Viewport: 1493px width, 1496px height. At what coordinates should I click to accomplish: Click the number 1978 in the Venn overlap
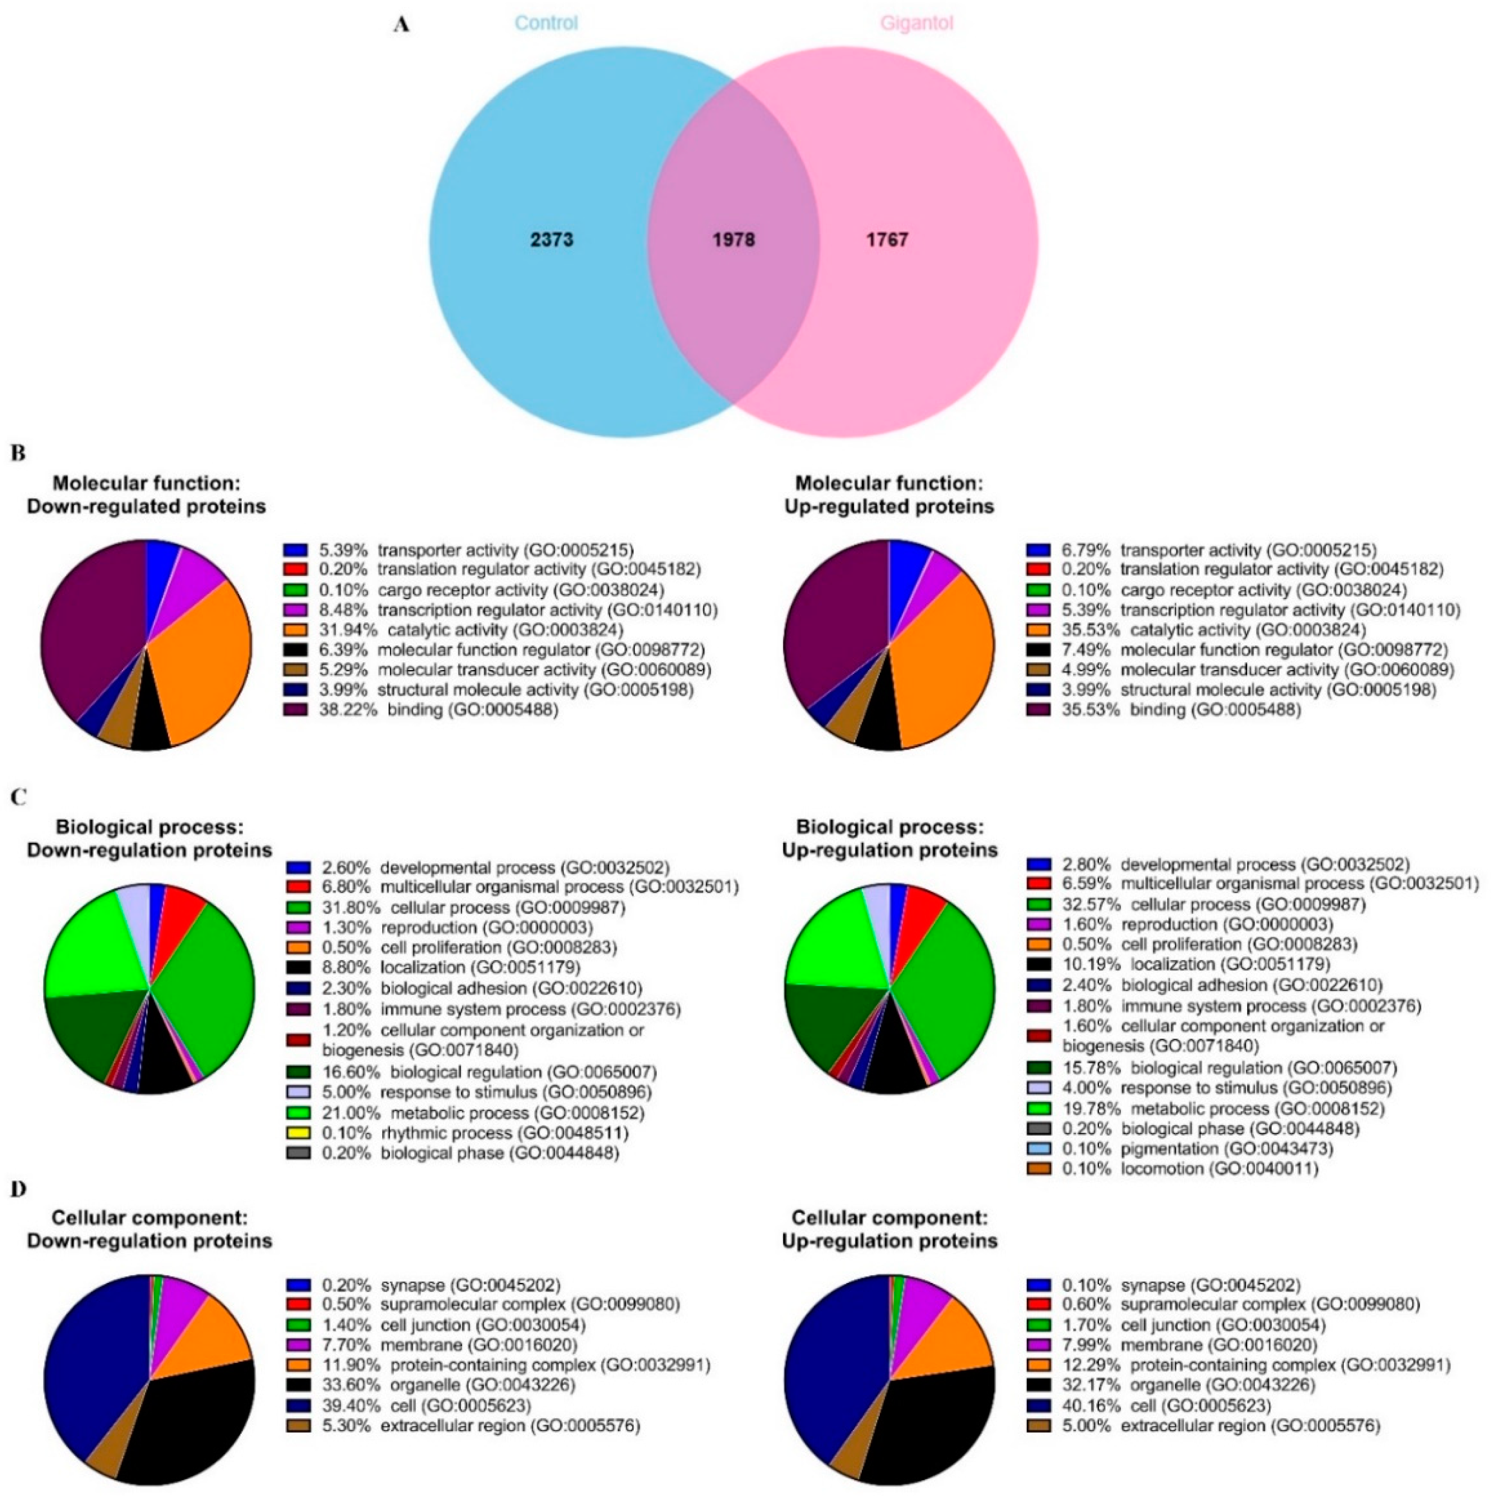click(733, 240)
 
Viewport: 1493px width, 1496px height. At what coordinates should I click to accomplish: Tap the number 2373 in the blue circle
click(552, 240)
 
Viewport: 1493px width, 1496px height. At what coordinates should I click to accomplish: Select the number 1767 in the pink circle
click(887, 240)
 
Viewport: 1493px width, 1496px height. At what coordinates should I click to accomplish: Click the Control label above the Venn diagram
click(546, 23)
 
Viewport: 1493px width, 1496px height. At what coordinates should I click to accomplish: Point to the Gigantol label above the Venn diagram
click(917, 23)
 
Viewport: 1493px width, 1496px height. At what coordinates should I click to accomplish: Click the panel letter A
click(401, 24)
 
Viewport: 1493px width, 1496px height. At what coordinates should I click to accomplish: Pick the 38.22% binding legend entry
click(438, 708)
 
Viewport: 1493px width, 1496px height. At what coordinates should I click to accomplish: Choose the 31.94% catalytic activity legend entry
click(471, 629)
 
